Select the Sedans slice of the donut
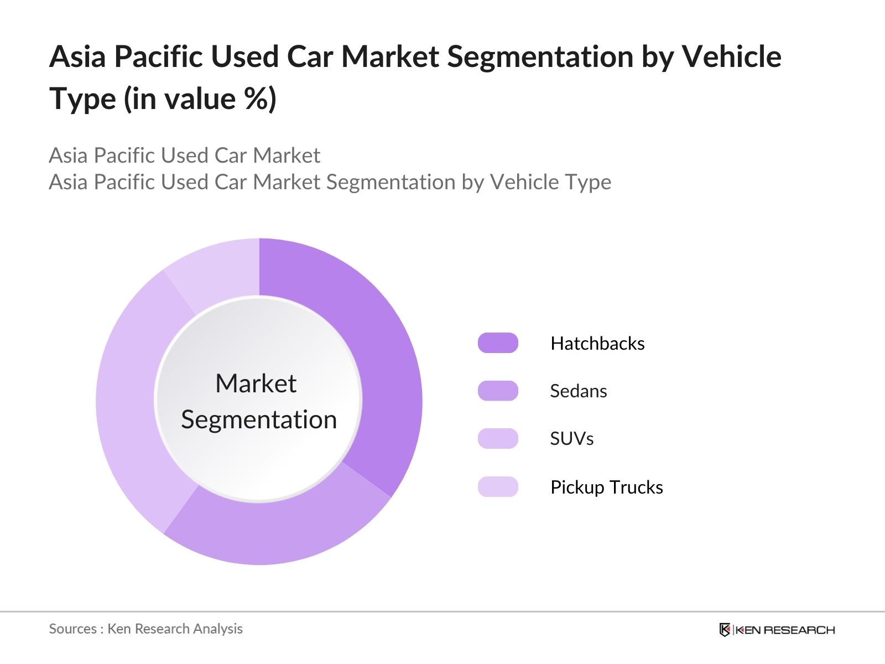pyautogui.click(x=277, y=531)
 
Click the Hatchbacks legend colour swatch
pyautogui.click(x=498, y=343)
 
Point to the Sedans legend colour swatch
pyautogui.click(x=498, y=391)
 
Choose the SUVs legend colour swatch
pyautogui.click(x=498, y=439)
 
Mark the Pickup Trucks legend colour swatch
pyautogui.click(x=498, y=487)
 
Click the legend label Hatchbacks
pyautogui.click(x=597, y=344)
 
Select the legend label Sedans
pyautogui.click(x=579, y=391)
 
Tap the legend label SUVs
pyautogui.click(x=571, y=439)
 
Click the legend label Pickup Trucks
pyautogui.click(x=607, y=487)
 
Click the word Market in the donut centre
pyautogui.click(x=256, y=383)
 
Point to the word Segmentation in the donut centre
pyautogui.click(x=259, y=419)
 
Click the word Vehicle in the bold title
pyautogui.click(x=731, y=56)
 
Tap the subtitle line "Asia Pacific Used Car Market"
pyautogui.click(x=184, y=155)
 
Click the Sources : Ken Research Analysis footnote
pyautogui.click(x=145, y=629)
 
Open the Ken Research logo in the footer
pyautogui.click(x=777, y=630)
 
